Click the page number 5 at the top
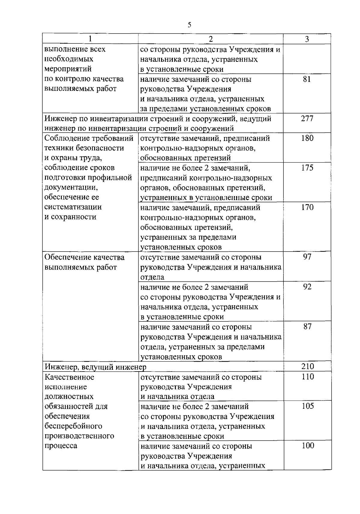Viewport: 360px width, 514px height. pos(189,25)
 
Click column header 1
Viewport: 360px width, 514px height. pos(90,39)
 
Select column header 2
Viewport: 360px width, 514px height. pos(211,39)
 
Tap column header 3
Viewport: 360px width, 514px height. pos(307,39)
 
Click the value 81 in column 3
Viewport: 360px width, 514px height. pos(307,79)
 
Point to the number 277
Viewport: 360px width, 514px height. pos(307,118)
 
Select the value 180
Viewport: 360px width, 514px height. pos(307,138)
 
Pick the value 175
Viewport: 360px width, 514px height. pos(307,168)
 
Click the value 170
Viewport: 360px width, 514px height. pos(307,207)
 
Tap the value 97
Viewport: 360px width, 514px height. pos(307,257)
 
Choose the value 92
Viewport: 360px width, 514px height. pos(307,287)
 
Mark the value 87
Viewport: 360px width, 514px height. pos(307,326)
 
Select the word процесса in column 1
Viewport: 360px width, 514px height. pos(61,446)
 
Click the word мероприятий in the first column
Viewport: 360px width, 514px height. pos(68,69)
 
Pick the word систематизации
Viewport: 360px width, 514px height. pos(73,207)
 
